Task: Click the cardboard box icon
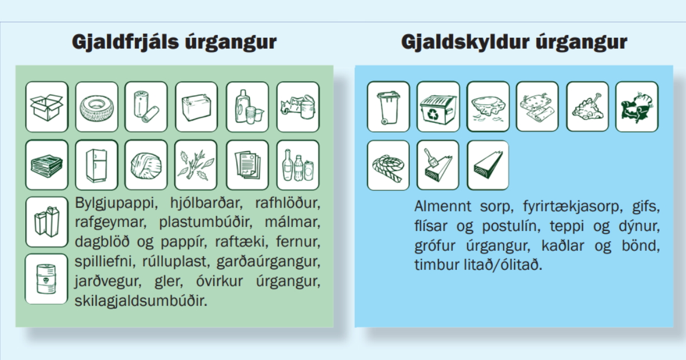click(x=47, y=107)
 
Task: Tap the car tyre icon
click(x=97, y=107)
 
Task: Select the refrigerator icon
click(x=97, y=165)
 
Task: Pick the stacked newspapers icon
click(x=47, y=165)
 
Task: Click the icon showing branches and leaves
click(x=196, y=165)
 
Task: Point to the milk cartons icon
click(x=47, y=222)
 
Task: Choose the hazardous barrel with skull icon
click(x=46, y=279)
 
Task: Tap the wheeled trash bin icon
click(x=388, y=107)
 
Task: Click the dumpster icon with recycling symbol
click(x=438, y=107)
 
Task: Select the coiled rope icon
click(x=388, y=165)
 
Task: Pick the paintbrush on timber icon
click(x=438, y=165)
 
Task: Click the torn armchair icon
click(x=637, y=107)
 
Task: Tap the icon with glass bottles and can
click(x=298, y=165)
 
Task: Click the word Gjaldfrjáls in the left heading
click(x=125, y=42)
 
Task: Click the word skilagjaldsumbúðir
click(x=141, y=302)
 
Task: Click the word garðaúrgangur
click(x=269, y=262)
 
